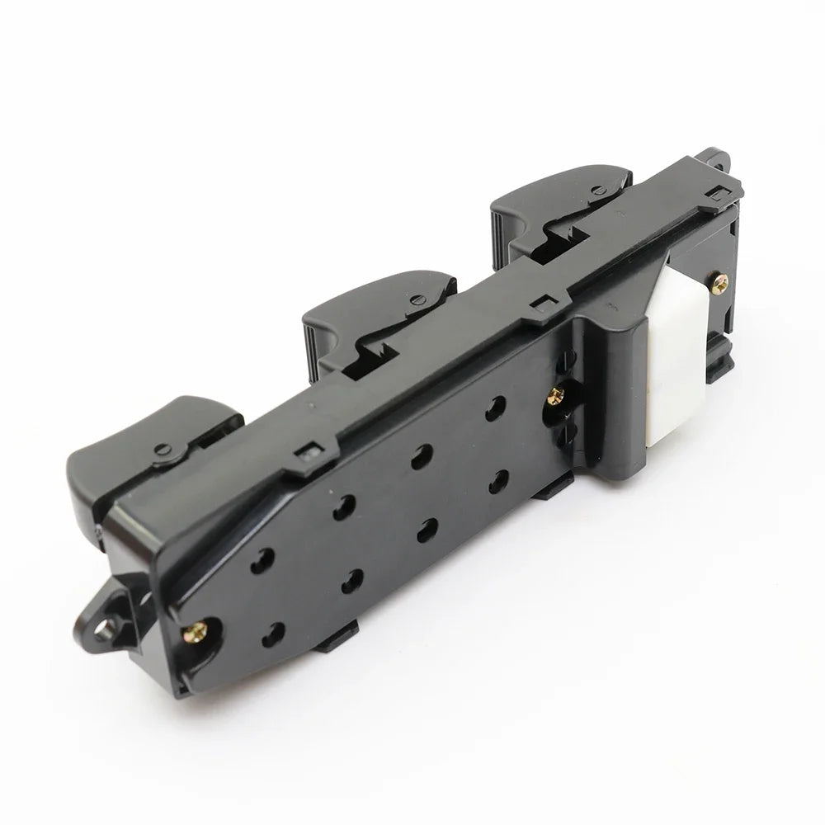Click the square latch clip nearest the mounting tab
(x=311, y=450)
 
